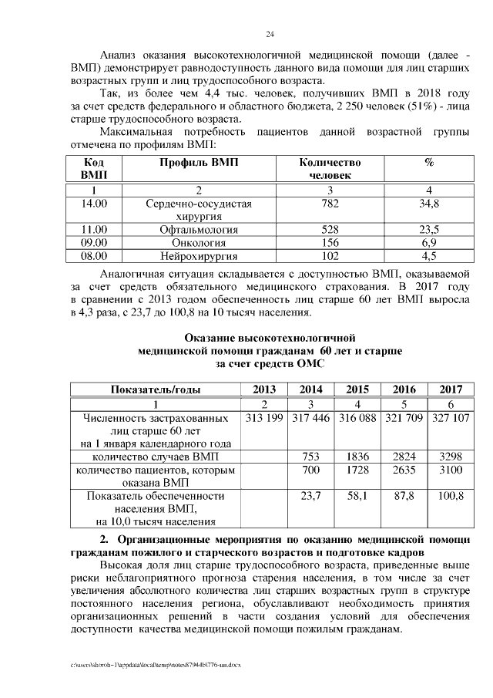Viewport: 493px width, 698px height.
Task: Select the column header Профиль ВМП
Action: (x=199, y=163)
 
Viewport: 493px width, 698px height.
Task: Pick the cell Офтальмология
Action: (x=199, y=229)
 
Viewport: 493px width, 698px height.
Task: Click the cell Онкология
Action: (x=199, y=242)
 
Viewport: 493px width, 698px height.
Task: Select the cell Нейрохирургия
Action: (x=199, y=255)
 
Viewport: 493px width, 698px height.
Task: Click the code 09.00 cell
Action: (x=93, y=242)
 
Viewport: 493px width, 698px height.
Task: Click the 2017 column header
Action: (x=451, y=389)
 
